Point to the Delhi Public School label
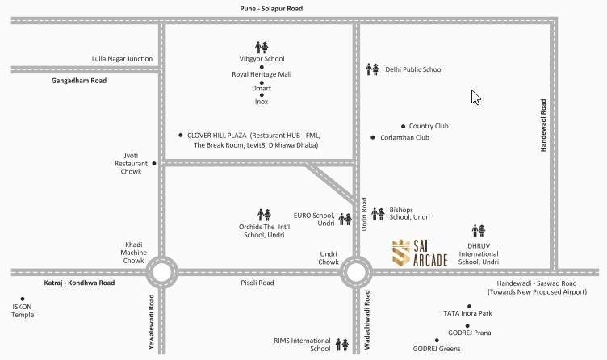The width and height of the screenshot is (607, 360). (413, 69)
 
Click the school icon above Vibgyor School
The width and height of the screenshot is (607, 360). (262, 47)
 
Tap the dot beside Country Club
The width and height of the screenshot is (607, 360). (403, 126)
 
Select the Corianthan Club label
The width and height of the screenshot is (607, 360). (404, 138)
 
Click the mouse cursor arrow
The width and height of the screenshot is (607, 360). (475, 97)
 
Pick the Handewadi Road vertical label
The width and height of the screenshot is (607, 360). (543, 126)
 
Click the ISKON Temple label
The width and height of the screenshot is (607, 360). (23, 310)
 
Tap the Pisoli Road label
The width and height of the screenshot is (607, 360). (257, 283)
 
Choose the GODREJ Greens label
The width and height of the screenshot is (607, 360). (436, 349)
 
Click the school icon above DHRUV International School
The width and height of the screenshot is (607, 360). (479, 232)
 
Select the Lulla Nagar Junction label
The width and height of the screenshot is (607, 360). (123, 58)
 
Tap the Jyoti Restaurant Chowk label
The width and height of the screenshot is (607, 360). (131, 162)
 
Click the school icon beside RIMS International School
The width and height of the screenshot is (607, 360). (342, 344)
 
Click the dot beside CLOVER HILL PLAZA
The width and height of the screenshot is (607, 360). (180, 136)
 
